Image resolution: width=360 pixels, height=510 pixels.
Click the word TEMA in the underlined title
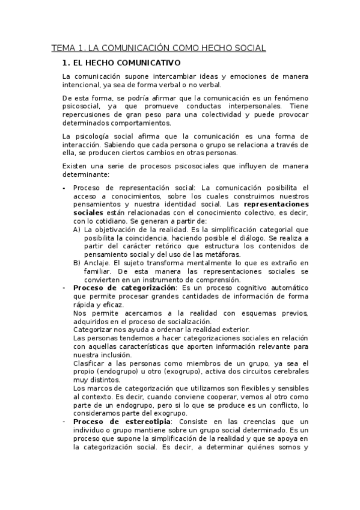[x=61, y=48]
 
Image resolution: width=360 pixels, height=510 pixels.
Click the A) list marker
[x=77, y=229]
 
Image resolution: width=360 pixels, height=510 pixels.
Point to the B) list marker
[x=77, y=263]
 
